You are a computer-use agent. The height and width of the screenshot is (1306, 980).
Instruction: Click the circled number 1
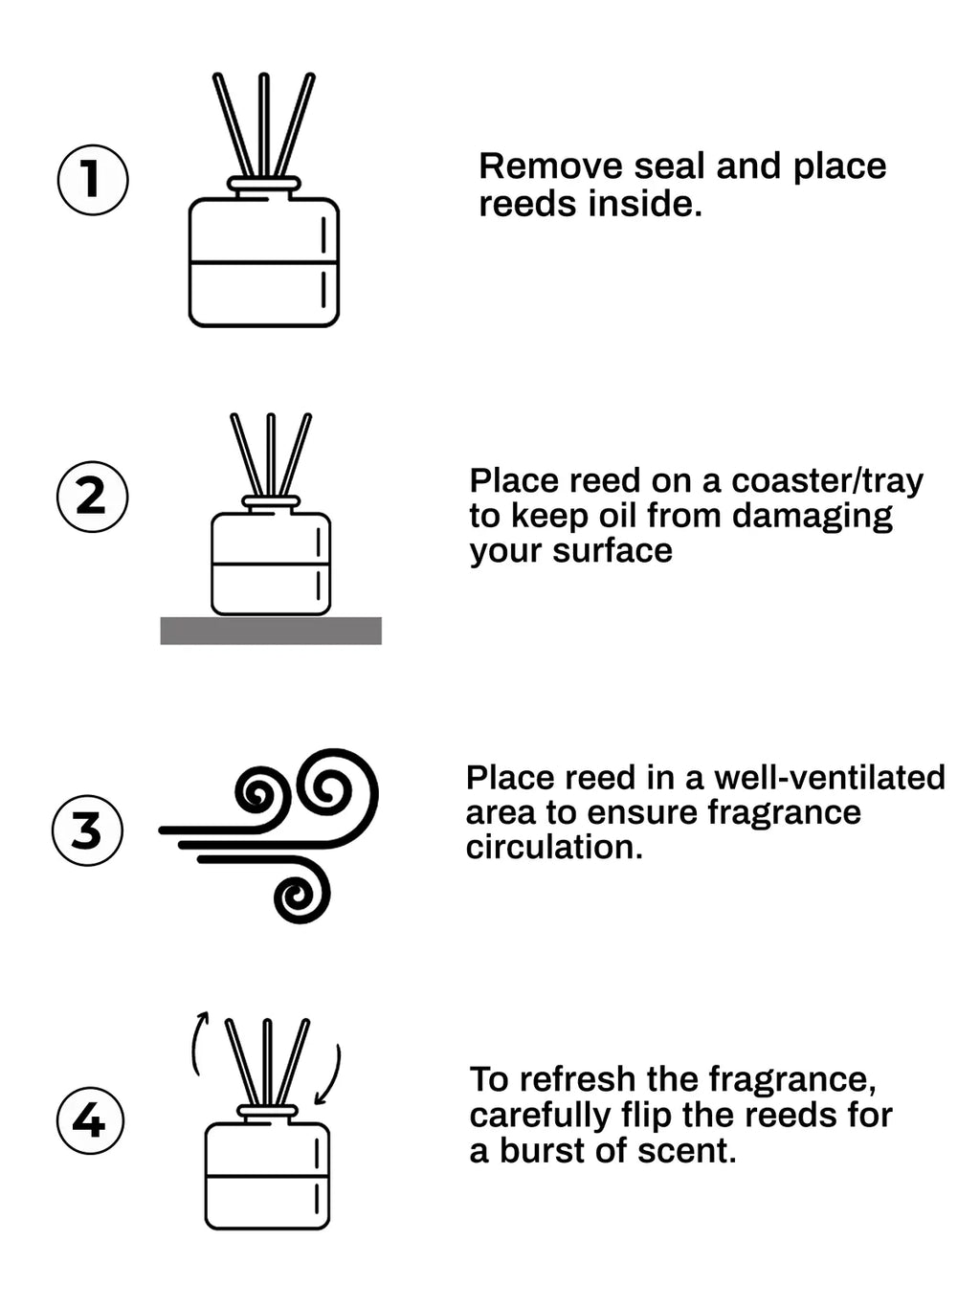tap(93, 179)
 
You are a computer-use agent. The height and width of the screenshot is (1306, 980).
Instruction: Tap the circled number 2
tap(92, 496)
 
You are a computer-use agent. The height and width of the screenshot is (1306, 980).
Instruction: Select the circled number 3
tap(87, 830)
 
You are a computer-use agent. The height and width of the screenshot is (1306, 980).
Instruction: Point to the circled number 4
tap(90, 1119)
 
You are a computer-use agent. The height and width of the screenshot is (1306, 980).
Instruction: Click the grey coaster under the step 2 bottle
tap(271, 631)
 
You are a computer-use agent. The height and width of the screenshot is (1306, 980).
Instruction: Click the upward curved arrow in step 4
tap(197, 1043)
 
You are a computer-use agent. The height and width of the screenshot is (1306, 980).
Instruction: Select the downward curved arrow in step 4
tap(330, 1074)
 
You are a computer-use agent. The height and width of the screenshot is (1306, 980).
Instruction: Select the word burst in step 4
tap(541, 1150)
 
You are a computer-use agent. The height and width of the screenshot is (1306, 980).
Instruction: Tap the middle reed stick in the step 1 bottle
tap(264, 124)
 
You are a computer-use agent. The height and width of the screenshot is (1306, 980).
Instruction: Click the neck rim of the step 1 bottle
tap(264, 184)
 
